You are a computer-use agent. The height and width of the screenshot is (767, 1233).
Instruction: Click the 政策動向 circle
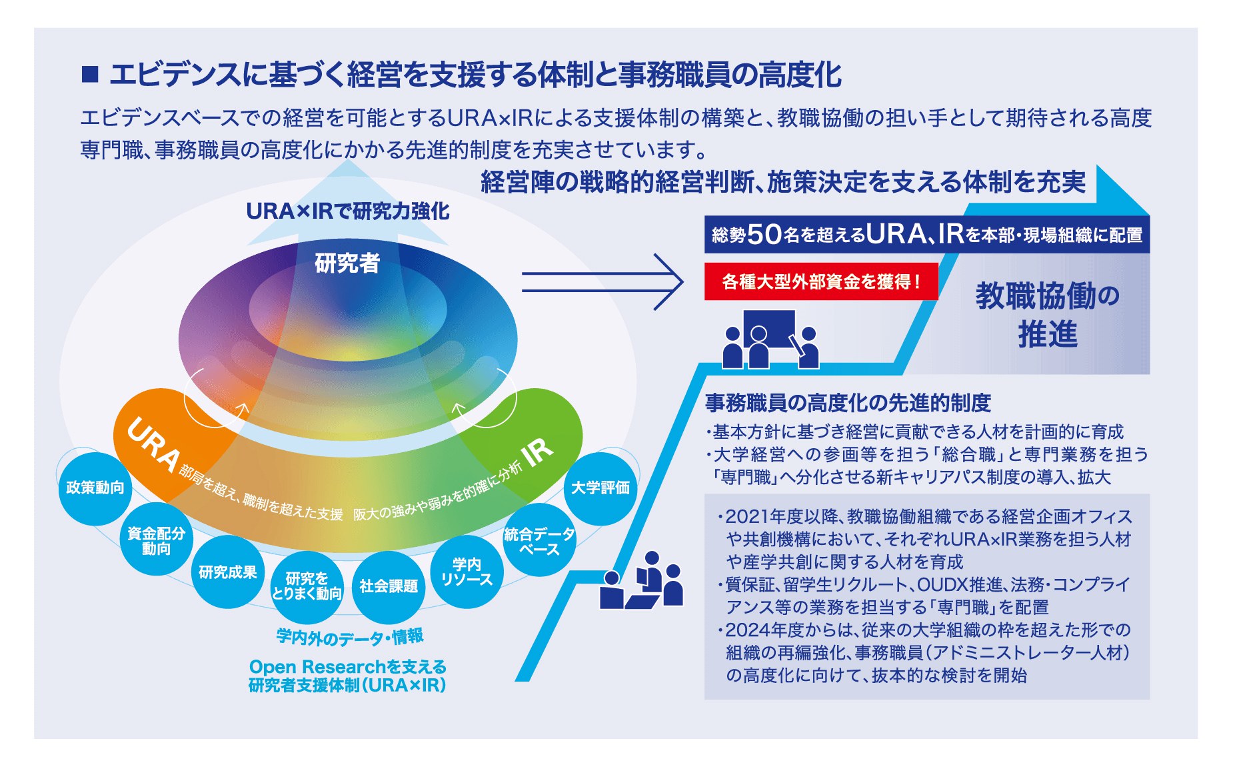pos(95,488)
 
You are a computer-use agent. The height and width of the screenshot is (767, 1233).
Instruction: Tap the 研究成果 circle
pos(228,572)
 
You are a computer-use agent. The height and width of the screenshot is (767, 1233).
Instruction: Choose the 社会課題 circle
pos(389,586)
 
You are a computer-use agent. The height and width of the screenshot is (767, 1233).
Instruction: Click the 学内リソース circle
pos(467,572)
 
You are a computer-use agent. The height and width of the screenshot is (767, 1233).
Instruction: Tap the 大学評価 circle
pos(601,488)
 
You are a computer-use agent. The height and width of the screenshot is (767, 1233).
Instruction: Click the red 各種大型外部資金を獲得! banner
pos(821,281)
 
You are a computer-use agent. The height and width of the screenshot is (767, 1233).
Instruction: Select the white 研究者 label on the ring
pos(347,263)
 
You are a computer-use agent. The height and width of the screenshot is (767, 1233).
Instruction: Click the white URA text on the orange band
pos(154,445)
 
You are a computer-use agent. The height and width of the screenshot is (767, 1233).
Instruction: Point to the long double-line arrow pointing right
pos(603,282)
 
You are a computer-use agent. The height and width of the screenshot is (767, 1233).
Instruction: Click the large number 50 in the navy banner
pos(764,234)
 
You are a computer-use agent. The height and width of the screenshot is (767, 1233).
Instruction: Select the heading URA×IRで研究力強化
pos(348,211)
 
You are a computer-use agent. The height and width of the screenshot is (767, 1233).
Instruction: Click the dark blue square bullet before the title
pos(90,74)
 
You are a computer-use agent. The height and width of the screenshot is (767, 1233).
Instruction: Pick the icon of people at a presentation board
pos(771,339)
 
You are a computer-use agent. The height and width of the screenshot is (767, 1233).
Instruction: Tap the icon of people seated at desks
pos(641,580)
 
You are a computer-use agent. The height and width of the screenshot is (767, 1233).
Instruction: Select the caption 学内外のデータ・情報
pos(350,637)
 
